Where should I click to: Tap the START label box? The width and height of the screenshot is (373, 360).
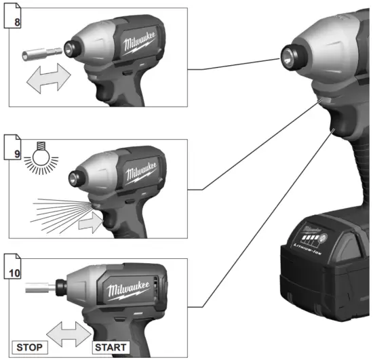109,346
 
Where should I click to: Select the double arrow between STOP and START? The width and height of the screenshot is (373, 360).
68,333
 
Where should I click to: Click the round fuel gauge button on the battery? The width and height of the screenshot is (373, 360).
323,239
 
